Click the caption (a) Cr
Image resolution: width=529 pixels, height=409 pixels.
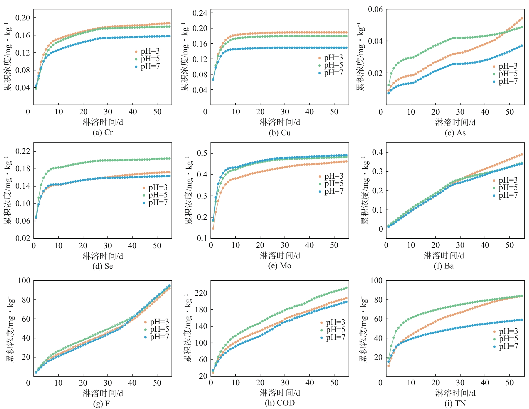[x=103, y=133]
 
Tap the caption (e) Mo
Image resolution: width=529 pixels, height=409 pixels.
[x=280, y=266]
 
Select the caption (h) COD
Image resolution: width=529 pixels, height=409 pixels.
[x=280, y=403]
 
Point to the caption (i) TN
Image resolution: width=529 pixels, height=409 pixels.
[x=455, y=403]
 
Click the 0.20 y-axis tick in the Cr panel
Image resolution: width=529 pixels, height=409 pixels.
[x=23, y=18]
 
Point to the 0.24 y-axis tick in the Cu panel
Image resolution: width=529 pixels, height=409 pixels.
[x=200, y=13]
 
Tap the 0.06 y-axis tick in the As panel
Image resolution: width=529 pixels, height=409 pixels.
[x=375, y=10]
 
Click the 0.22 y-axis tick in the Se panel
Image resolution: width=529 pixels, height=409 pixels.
[x=23, y=151]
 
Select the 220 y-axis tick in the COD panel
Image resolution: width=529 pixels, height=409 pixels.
[x=201, y=293]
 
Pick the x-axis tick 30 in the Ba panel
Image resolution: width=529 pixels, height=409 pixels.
[x=460, y=245]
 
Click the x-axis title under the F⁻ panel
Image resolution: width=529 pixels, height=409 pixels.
[x=103, y=393]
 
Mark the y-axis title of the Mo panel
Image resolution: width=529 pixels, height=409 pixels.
[x=188, y=190]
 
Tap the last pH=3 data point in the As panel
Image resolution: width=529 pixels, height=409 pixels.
[x=522, y=19]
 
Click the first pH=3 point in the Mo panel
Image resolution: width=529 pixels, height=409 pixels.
[x=213, y=228]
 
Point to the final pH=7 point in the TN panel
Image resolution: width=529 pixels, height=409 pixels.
[x=522, y=320]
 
